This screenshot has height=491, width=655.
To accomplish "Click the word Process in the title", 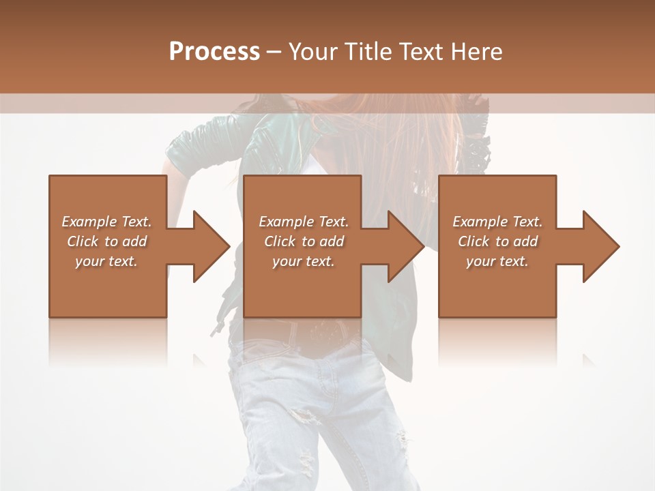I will click(214, 52).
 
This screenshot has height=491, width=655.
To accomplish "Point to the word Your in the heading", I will click(312, 52).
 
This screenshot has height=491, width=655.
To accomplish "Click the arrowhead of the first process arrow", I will click(211, 246).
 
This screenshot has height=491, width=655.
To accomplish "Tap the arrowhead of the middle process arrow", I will click(406, 246).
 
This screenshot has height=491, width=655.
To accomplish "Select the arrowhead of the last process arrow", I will click(600, 246).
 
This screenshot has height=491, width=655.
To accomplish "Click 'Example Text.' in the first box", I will click(106, 222).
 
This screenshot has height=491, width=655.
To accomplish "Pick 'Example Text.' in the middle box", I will click(304, 222).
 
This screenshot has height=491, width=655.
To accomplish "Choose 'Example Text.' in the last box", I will click(497, 222).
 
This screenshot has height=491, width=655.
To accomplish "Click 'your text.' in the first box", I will click(106, 261).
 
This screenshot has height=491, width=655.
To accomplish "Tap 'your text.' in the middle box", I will click(304, 261).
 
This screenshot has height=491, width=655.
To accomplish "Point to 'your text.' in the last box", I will click(497, 261).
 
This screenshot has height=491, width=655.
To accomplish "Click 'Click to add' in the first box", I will click(106, 241).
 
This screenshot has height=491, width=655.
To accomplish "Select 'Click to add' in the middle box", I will click(304, 241).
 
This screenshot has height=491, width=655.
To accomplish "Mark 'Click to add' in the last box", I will click(497, 241).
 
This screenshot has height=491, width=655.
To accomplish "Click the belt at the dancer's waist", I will click(321, 331).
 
